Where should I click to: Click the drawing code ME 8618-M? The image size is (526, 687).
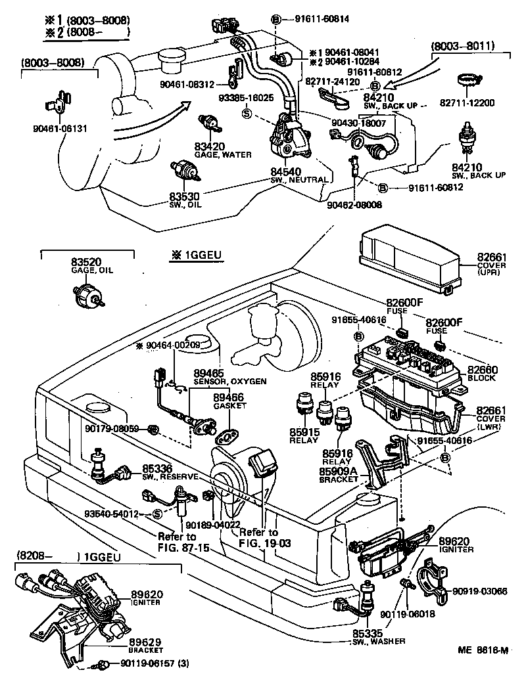click(484, 651)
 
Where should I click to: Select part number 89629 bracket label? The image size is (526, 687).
click(146, 642)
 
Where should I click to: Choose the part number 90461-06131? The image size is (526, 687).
click(59, 128)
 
